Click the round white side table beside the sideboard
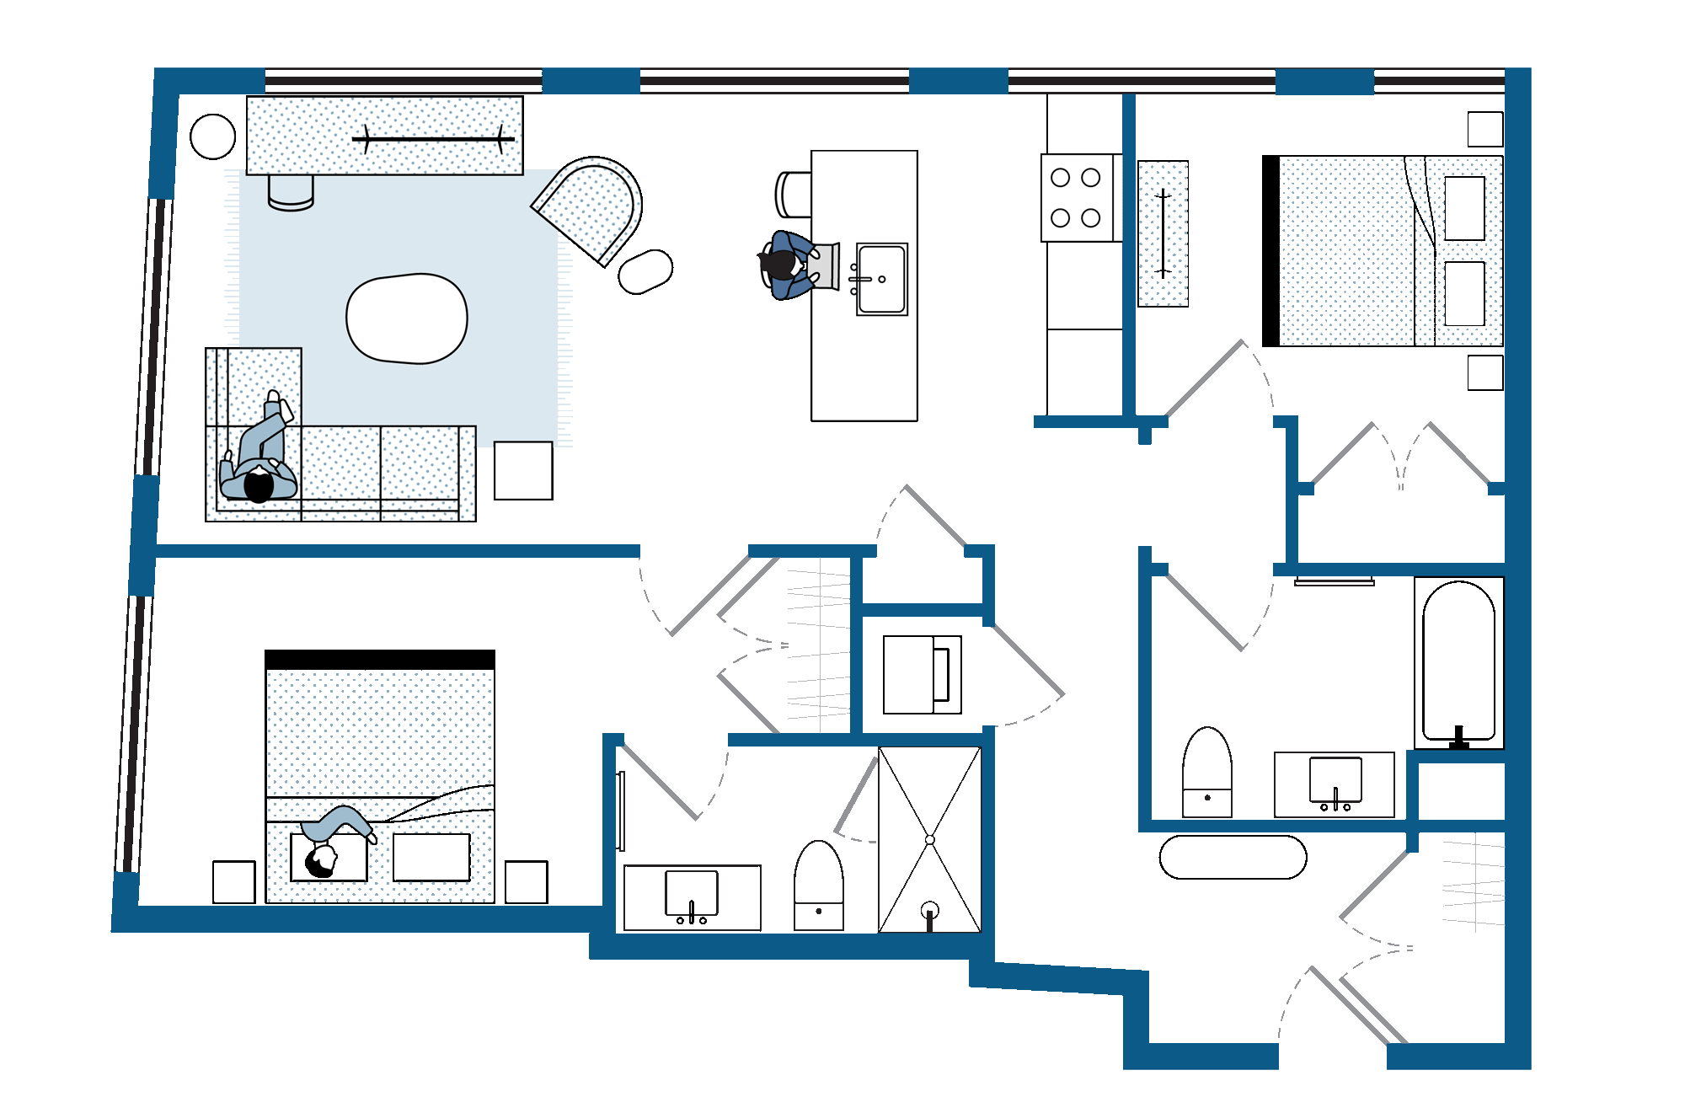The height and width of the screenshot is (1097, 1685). tap(212, 136)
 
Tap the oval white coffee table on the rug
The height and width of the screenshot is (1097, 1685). tap(407, 318)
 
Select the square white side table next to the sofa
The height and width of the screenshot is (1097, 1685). tap(523, 470)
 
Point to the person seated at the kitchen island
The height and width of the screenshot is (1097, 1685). tap(788, 265)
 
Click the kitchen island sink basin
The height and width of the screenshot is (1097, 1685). tap(882, 279)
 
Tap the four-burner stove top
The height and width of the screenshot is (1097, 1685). tap(1077, 198)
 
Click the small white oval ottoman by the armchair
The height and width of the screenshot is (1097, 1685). tap(645, 271)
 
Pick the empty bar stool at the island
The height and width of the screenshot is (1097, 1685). tap(792, 194)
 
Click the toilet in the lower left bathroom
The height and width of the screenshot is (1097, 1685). tap(819, 886)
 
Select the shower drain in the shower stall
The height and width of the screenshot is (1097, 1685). tap(929, 910)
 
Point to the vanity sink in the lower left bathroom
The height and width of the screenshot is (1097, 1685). tap(692, 893)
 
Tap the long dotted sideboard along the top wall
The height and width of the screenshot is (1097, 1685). tap(384, 136)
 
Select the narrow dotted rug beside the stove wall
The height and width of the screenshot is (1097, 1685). tap(1163, 233)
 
